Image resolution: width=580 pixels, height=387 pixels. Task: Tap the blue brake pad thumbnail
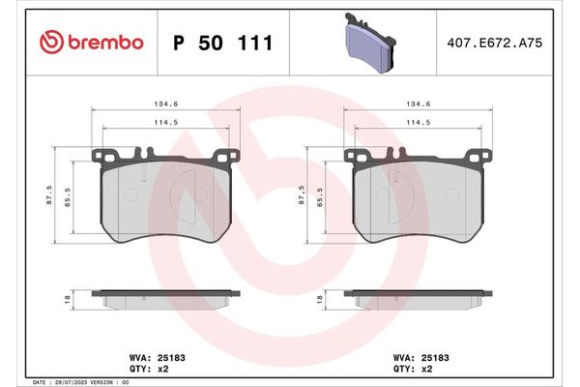click(x=368, y=44)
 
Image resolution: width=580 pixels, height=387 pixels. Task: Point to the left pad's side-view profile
click(x=163, y=298)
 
